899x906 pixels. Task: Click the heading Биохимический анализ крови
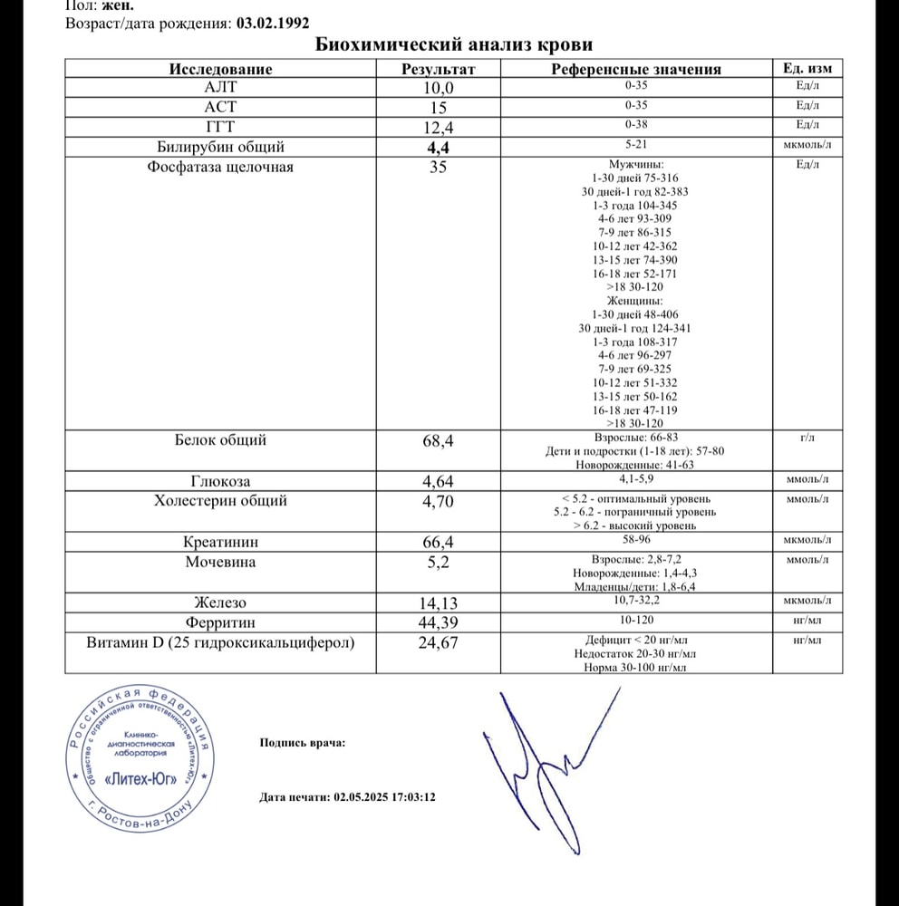[x=453, y=45]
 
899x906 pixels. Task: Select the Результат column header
[x=439, y=69]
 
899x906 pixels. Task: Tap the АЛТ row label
[x=220, y=88]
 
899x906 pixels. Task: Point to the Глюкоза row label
[x=220, y=481]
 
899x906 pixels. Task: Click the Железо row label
[x=220, y=602]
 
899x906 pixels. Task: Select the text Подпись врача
[x=302, y=744]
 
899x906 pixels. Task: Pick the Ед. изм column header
[x=807, y=69]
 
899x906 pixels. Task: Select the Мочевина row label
[x=220, y=562]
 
